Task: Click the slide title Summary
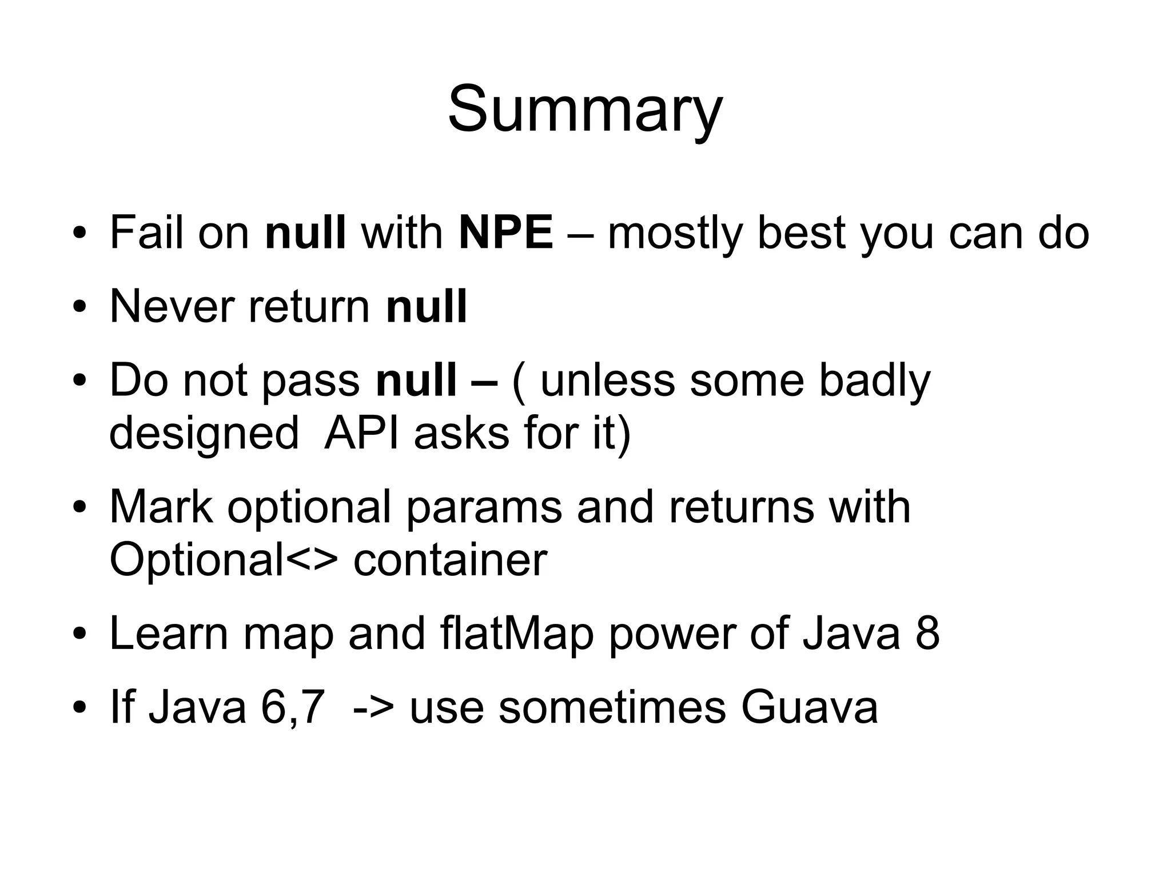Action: coord(585,109)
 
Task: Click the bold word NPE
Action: coord(505,233)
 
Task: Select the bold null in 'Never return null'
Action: coord(427,307)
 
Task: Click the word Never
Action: coord(170,307)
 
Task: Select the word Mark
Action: coord(161,507)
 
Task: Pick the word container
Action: coord(450,560)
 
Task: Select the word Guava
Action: coord(809,707)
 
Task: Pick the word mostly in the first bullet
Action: coord(674,234)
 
